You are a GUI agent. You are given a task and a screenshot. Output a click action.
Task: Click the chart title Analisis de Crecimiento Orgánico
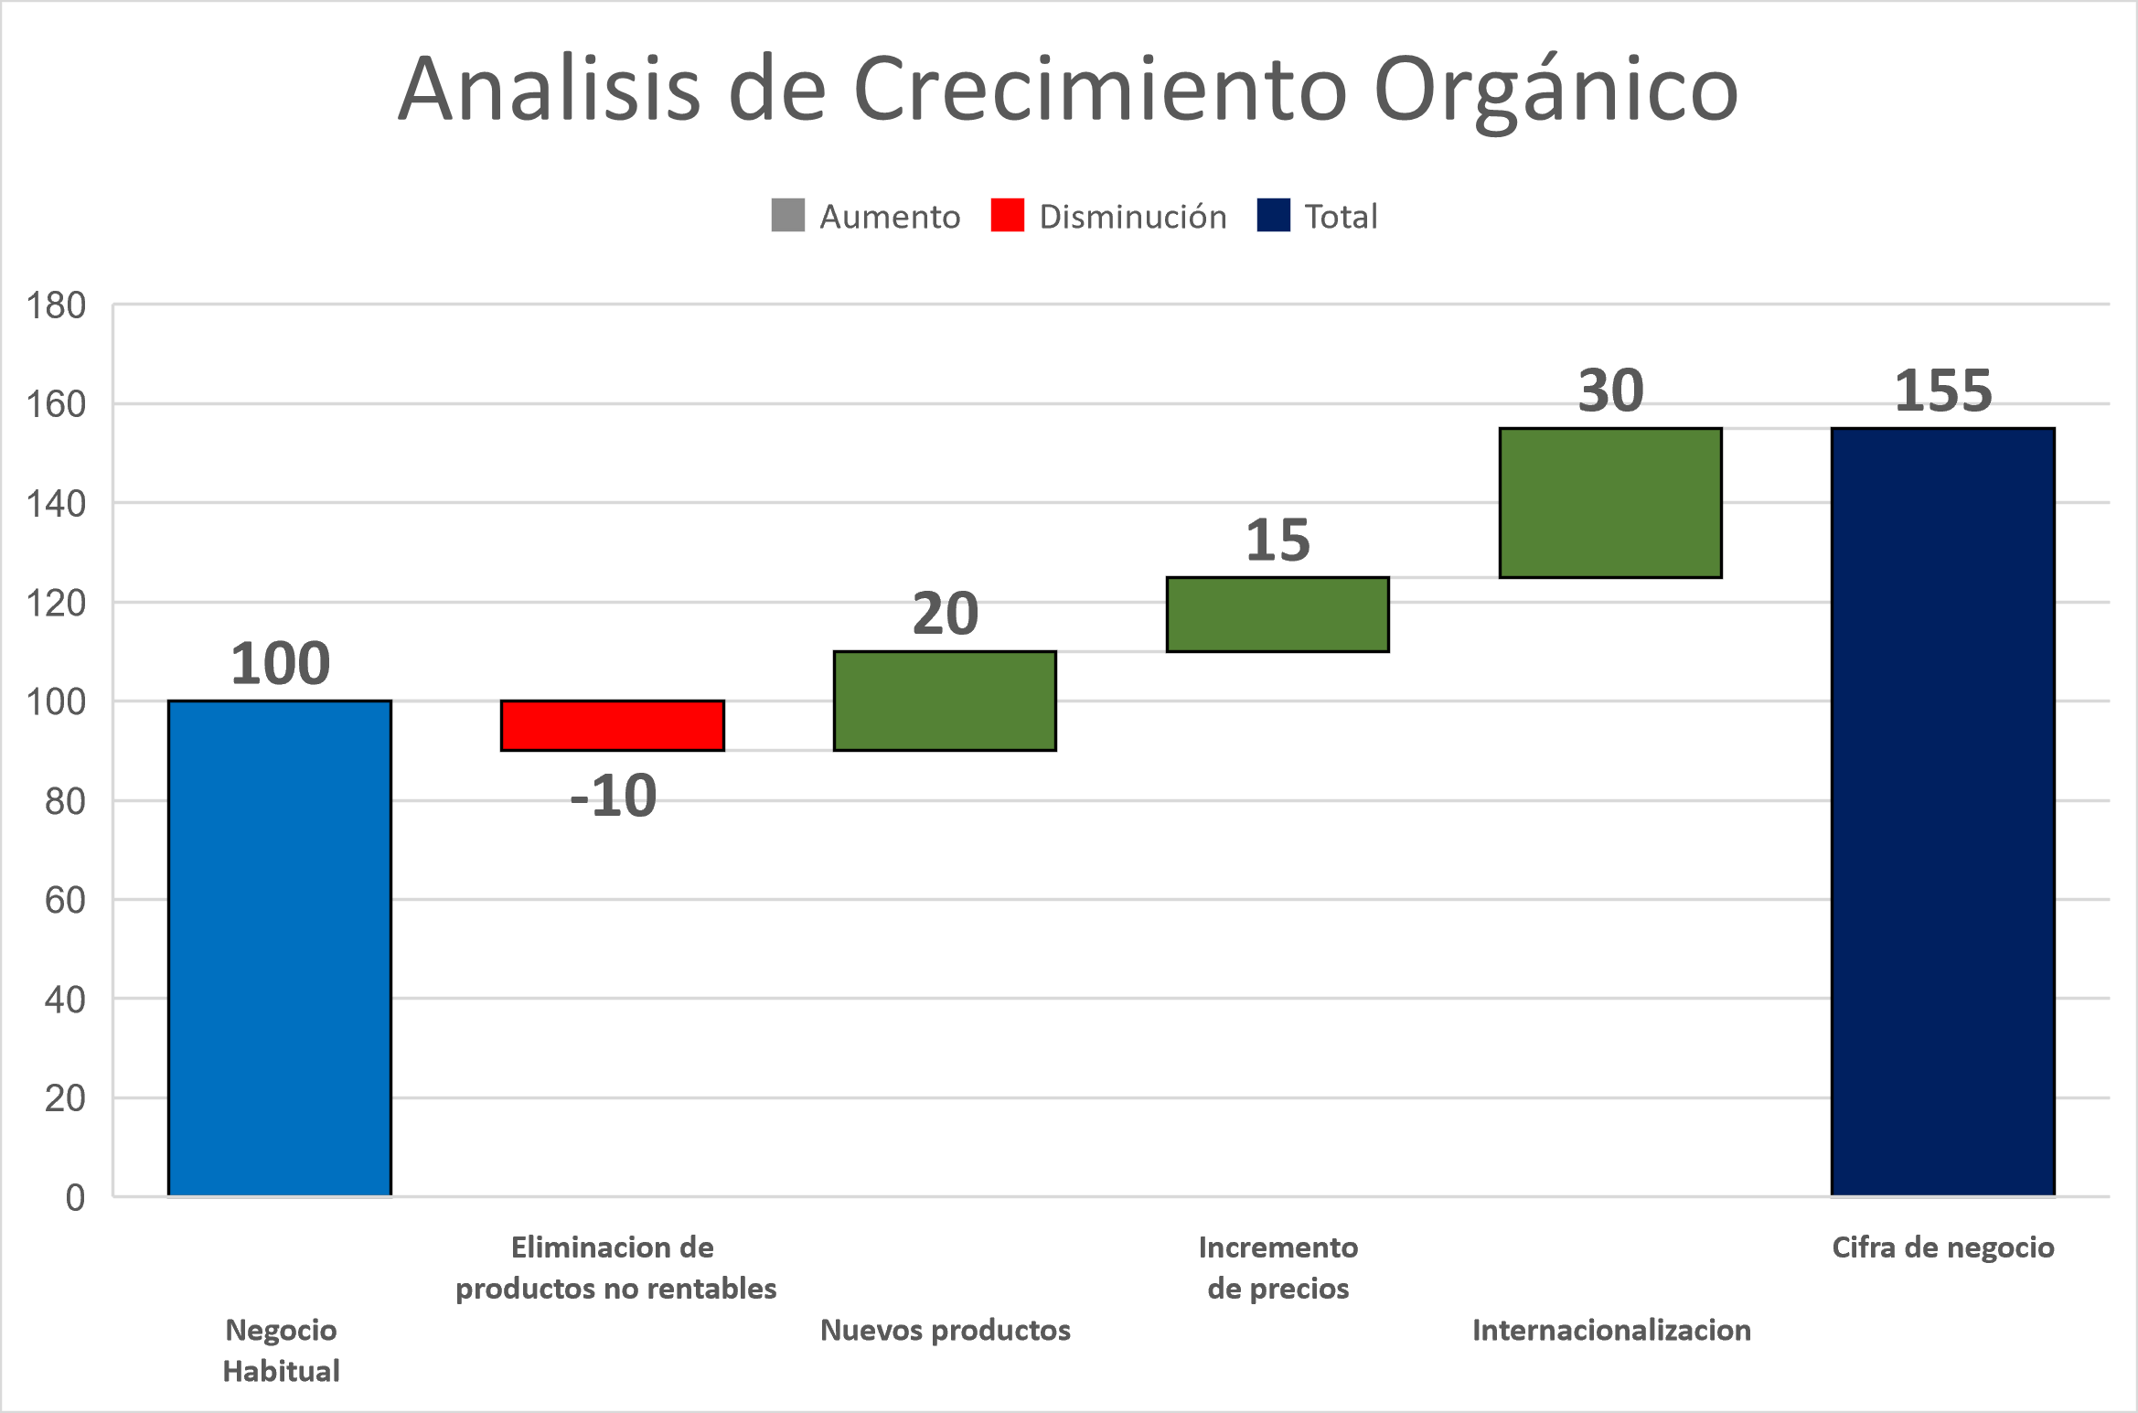1068,90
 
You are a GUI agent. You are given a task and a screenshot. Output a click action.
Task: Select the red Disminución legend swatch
1007,216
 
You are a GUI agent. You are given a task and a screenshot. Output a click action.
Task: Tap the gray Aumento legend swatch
787,216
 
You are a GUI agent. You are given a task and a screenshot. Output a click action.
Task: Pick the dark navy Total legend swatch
1273,216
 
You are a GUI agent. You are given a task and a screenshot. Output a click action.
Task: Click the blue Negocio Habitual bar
280,948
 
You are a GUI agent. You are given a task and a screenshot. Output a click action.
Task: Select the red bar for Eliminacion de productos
613,726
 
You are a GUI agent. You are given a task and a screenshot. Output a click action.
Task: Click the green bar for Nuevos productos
946,701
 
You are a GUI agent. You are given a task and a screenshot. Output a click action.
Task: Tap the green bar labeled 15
1277,615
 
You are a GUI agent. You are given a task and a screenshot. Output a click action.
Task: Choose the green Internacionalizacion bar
1610,503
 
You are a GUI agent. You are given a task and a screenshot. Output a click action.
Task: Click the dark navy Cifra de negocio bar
1943,812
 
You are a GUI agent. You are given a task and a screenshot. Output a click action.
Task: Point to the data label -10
613,796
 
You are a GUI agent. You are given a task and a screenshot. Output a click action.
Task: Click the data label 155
1943,391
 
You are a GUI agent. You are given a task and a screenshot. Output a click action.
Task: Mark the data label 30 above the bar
1610,391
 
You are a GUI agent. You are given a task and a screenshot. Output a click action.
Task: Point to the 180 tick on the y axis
56,305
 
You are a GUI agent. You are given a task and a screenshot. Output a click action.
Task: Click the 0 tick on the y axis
75,1197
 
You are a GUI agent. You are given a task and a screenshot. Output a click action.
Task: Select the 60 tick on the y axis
65,900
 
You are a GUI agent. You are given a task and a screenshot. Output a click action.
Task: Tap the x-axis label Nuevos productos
946,1330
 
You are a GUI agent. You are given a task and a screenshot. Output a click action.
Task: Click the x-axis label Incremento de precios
1278,1268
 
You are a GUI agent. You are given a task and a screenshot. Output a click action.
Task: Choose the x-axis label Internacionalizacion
1611,1330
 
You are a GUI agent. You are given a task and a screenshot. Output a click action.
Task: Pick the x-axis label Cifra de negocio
1943,1247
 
